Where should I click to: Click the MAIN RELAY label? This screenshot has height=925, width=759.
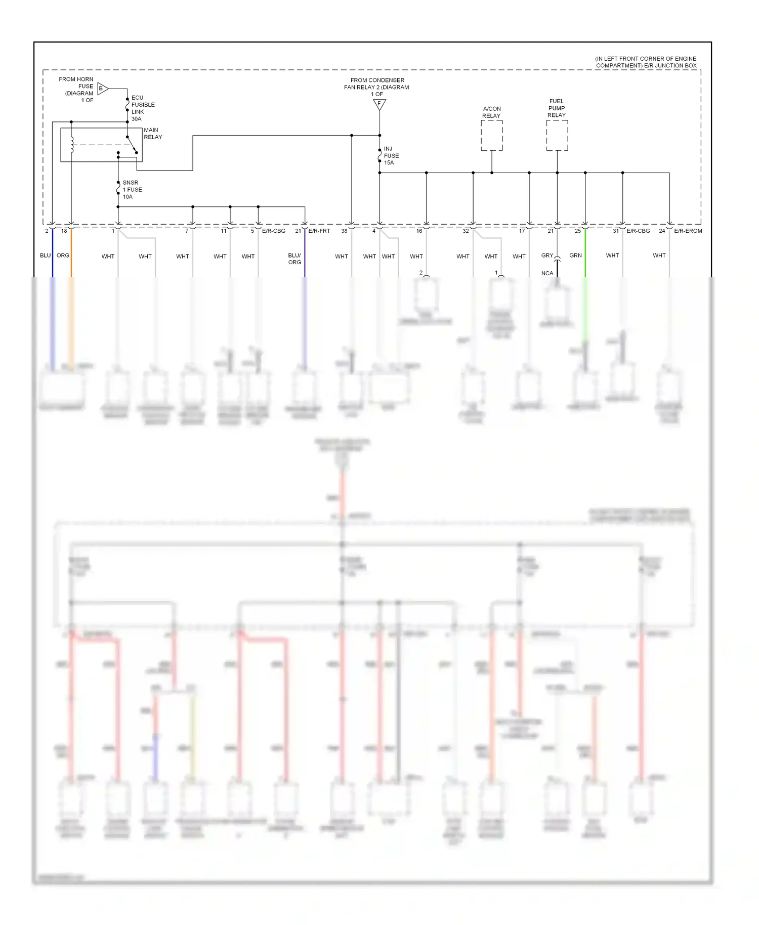coord(152,134)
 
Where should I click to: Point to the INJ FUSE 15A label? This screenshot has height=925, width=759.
coord(391,156)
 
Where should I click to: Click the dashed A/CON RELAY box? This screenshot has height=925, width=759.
coord(491,136)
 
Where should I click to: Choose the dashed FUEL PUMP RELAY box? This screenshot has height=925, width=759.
coord(557,136)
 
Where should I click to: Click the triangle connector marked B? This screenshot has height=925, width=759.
coord(102,89)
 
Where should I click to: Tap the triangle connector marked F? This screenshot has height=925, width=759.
coord(379,104)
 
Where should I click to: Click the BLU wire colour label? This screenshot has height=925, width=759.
coord(46,256)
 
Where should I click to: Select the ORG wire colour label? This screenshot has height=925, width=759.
coord(63,256)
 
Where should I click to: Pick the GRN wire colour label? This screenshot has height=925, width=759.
coord(575,256)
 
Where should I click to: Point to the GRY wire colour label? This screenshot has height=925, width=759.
coord(547,256)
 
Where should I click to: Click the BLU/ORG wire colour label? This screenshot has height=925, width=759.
coord(294,259)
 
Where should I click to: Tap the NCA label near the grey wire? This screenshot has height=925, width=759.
coord(547,273)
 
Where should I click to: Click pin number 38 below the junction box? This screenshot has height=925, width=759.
coord(344,231)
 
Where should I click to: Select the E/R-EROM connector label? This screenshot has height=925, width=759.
coord(688,231)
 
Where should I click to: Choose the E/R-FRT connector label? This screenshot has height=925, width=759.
coord(319,231)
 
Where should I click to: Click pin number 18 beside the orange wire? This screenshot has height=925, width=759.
coord(64,231)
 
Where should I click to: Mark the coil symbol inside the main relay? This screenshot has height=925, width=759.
coord(72,145)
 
